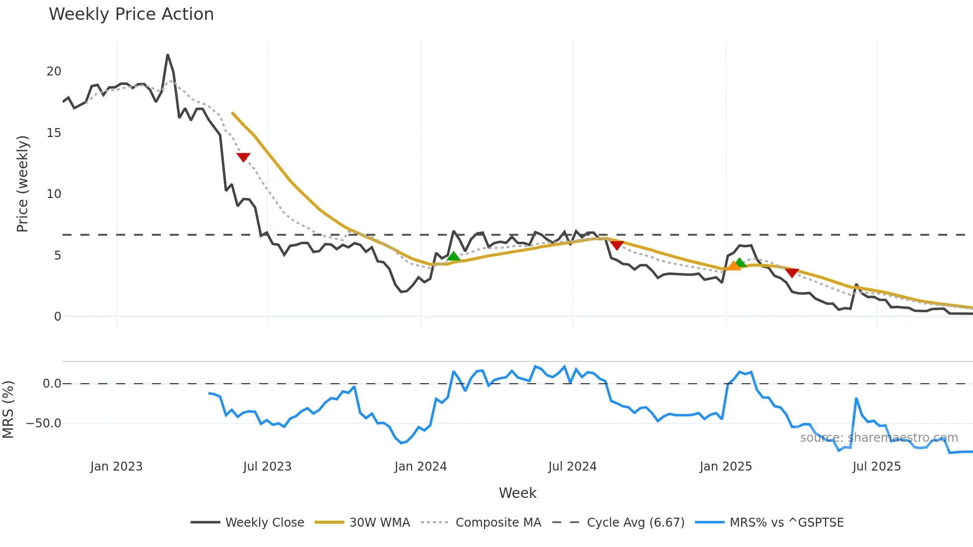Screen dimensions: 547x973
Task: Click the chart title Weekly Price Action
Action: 131,14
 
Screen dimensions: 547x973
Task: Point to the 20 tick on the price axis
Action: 54,71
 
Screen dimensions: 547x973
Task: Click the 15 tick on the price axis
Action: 54,133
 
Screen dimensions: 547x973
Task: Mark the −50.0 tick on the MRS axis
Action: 44,423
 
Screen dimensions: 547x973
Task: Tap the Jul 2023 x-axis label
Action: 267,467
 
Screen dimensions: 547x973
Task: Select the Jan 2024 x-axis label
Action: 420,467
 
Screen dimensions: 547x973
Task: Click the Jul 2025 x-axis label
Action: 876,467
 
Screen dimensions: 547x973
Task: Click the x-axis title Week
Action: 517,493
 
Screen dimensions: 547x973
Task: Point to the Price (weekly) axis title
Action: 23,184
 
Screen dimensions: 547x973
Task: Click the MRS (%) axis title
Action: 8,410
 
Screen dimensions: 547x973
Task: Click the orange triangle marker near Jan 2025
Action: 733,266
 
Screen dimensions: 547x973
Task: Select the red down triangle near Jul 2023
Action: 243,157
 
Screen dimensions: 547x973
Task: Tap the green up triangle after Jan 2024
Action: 453,256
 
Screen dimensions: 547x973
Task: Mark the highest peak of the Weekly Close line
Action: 168,55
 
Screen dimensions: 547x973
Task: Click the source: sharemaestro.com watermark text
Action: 879,438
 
